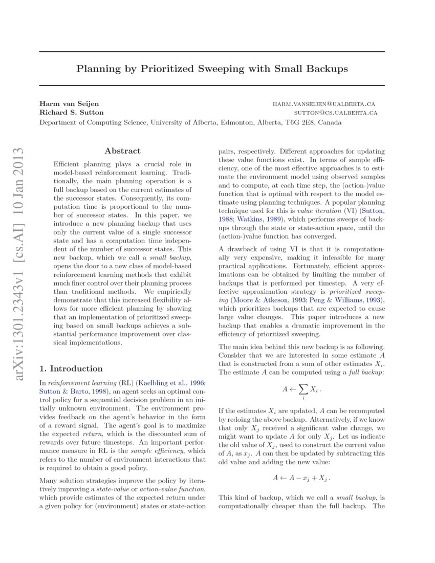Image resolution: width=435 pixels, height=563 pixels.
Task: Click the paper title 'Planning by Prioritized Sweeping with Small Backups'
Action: [x=212, y=68]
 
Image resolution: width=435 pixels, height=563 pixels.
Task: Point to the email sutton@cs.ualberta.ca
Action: [x=335, y=113]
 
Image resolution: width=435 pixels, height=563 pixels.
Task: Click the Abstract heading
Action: [x=122, y=151]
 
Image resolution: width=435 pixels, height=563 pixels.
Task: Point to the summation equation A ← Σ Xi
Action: [x=302, y=391]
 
